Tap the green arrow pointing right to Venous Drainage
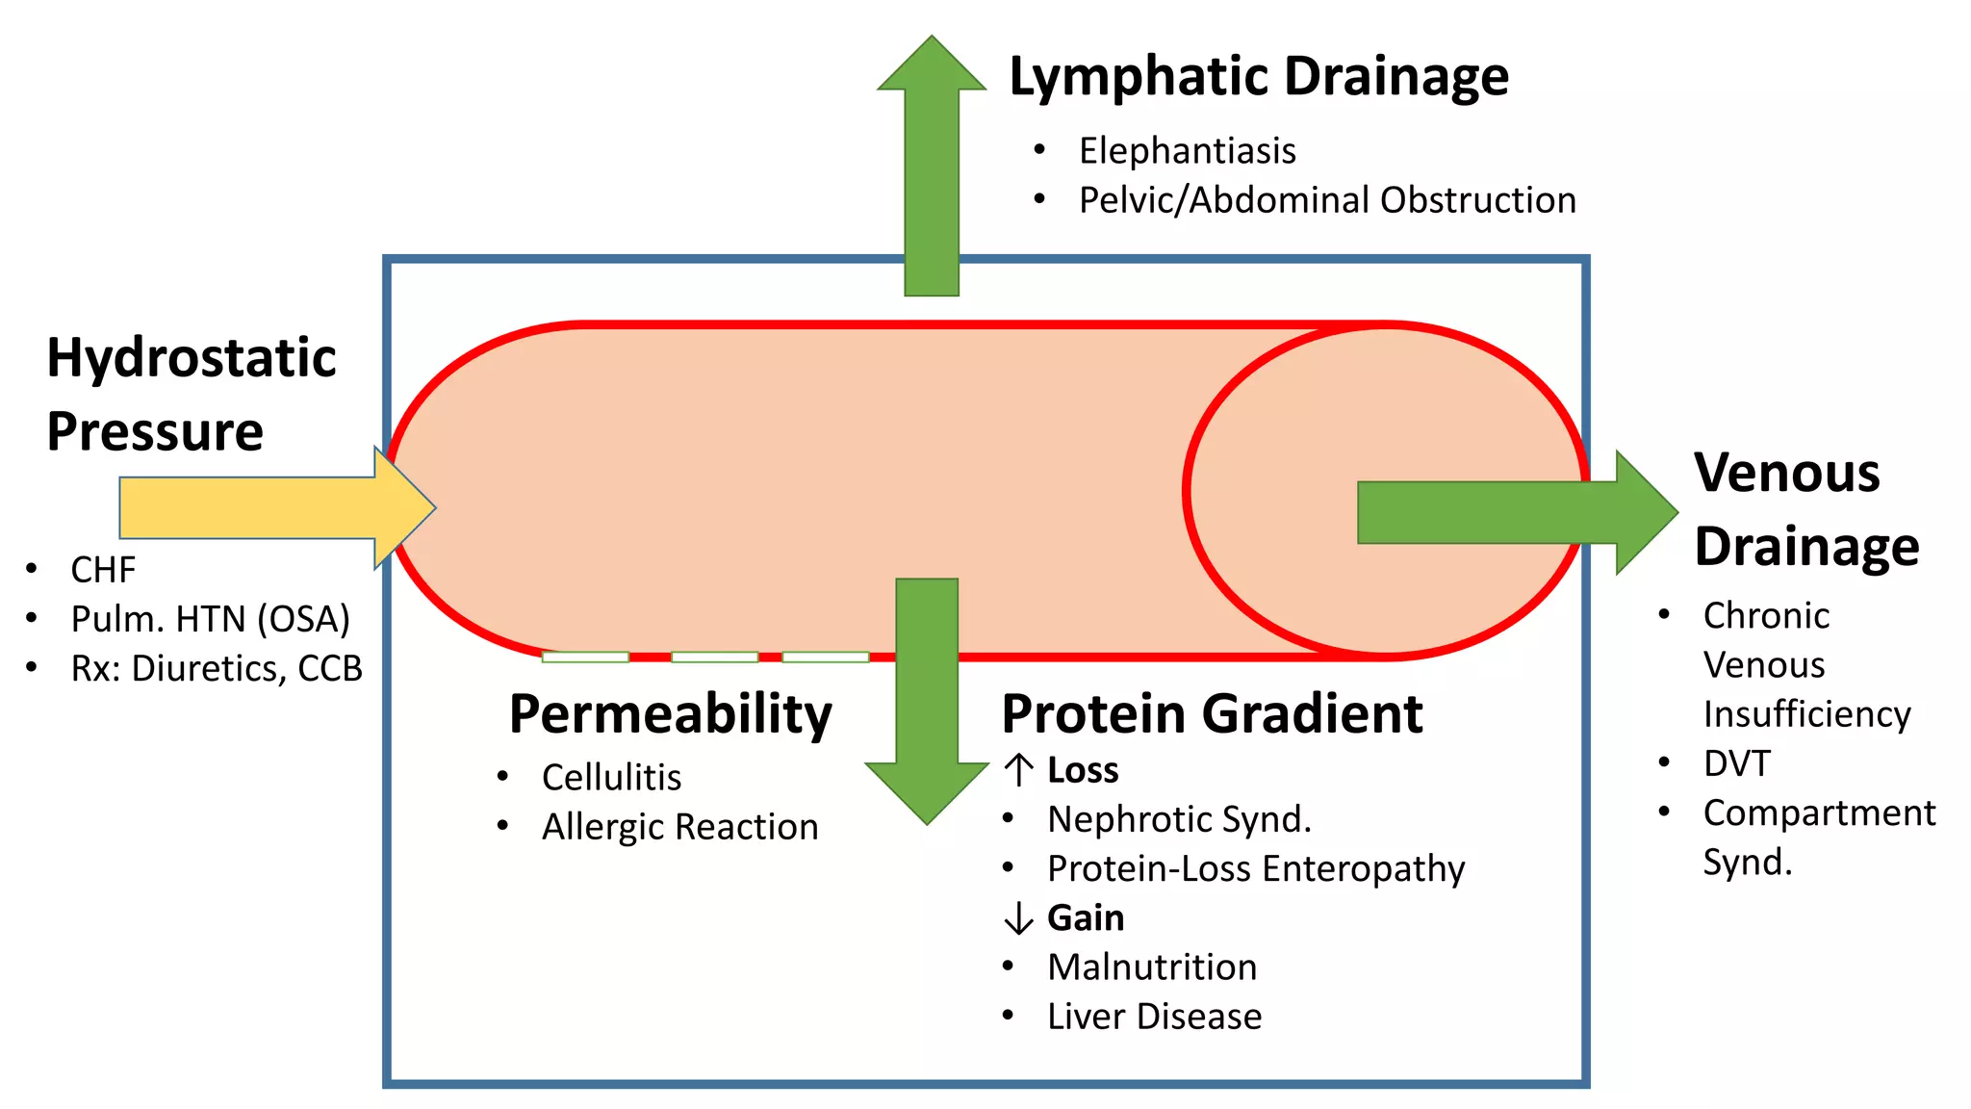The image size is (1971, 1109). [x=1501, y=512]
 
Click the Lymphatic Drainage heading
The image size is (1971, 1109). [x=1258, y=77]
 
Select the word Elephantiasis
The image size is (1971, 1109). [x=1187, y=151]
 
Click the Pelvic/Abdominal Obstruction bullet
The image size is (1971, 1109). [x=1326, y=200]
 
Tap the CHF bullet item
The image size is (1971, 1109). [x=103, y=570]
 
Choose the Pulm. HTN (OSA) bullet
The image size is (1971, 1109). [x=210, y=619]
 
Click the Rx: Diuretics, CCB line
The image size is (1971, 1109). [x=217, y=668]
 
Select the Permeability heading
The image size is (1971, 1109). [x=670, y=714]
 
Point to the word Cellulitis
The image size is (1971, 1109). [x=611, y=777]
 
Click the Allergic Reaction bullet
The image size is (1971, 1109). [x=679, y=827]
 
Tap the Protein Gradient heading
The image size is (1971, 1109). [x=1212, y=714]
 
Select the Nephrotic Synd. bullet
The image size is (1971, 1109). [x=1179, y=819]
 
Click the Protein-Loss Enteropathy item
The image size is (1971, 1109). [x=1255, y=868]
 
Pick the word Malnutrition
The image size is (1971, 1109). [x=1152, y=967]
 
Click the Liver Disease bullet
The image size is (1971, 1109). [x=1154, y=1017]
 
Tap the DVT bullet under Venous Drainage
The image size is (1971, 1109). [x=1736, y=763]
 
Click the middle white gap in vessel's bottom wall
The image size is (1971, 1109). [x=714, y=658]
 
